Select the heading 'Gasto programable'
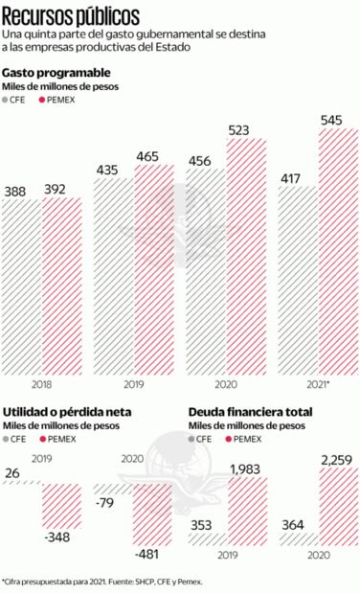tap(56, 73)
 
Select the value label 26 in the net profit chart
tap(13, 473)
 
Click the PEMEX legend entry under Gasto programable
tap(58, 100)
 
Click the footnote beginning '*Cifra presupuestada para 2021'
tap(103, 581)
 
